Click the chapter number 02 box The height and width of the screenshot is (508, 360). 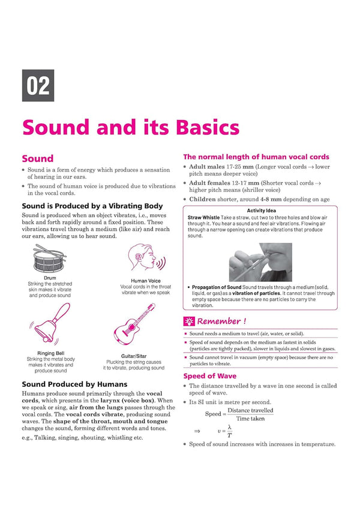pos(38,86)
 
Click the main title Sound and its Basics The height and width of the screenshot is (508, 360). pos(130,128)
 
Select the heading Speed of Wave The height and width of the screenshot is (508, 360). pos(211,376)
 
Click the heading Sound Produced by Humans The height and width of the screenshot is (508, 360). pos(74,384)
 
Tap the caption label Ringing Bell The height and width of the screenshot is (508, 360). pos(50,353)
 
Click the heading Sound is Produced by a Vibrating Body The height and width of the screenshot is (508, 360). pos(92,206)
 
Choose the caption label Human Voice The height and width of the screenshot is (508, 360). pos(146,280)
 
